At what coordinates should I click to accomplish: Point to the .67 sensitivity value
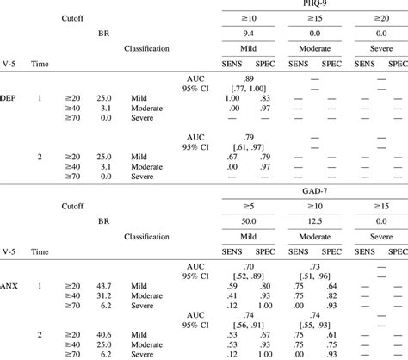point(232,158)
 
